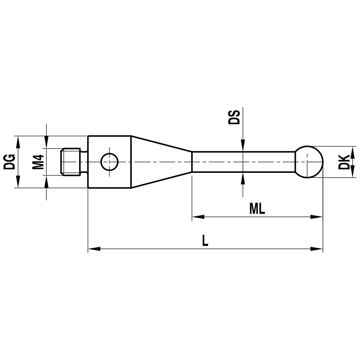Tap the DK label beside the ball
(344, 162)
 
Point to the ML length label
(257, 209)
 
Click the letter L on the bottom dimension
(205, 240)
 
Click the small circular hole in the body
(109, 162)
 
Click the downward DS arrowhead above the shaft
(243, 145)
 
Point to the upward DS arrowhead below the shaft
(243, 178)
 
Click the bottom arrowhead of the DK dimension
(352, 173)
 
